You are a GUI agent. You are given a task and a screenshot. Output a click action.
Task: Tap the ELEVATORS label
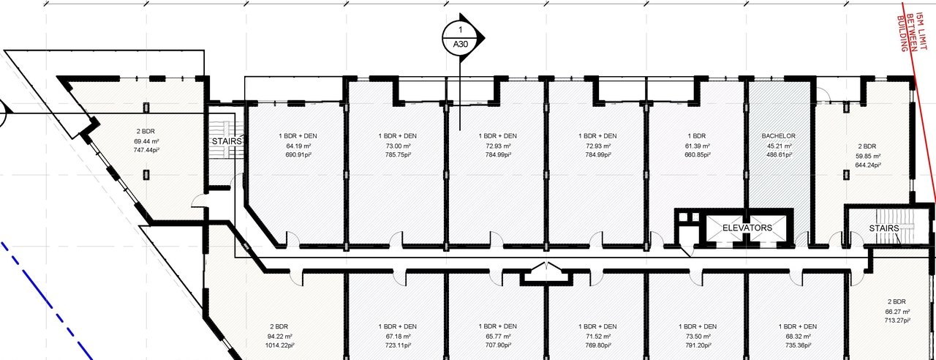[747, 228]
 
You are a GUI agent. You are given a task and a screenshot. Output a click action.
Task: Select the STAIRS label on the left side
[226, 140]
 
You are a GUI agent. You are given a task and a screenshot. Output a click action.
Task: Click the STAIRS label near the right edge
[883, 228]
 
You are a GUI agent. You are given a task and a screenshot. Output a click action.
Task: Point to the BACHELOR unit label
[779, 136]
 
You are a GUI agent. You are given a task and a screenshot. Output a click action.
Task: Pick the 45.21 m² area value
[779, 146]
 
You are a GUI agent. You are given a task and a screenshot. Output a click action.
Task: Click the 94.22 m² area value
[282, 335]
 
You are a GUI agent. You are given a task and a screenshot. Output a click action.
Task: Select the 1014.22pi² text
[282, 345]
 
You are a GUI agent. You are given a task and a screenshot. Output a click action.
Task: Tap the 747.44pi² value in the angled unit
[146, 150]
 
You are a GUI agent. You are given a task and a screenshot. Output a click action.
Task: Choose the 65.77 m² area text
[495, 335]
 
